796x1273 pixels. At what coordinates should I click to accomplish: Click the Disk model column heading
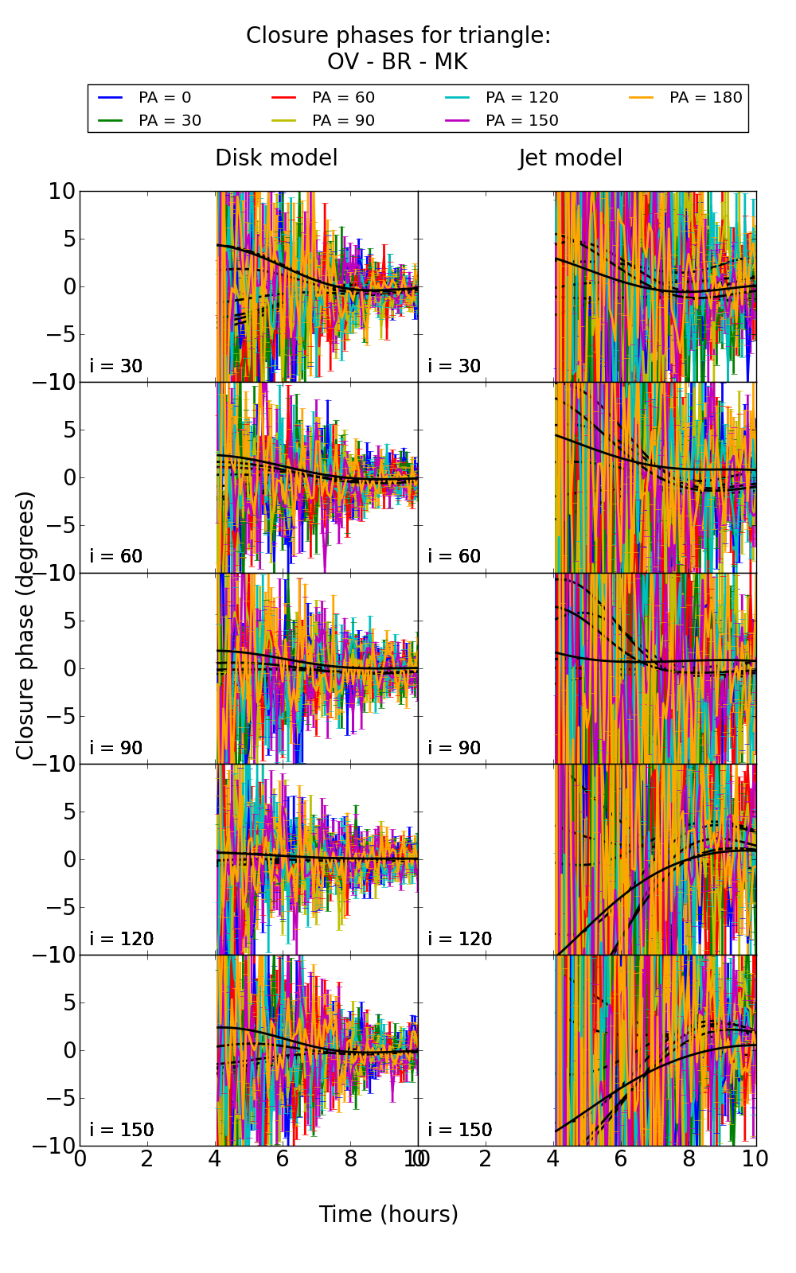tap(276, 158)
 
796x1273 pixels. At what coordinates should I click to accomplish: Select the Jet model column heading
tap(570, 158)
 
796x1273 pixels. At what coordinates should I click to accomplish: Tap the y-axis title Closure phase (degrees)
tap(25, 625)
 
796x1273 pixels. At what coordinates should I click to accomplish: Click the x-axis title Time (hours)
tap(388, 1214)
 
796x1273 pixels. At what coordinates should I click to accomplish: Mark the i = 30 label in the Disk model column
tap(116, 366)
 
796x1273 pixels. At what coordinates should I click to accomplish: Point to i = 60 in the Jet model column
tap(455, 556)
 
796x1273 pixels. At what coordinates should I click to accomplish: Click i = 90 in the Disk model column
tap(116, 748)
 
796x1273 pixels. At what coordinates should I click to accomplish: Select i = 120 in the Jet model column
tap(460, 939)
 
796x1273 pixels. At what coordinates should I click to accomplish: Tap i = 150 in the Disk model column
tap(122, 1130)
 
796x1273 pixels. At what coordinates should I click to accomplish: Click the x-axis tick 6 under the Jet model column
tap(621, 1158)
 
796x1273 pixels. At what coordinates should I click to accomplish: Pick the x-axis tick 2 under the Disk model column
tap(147, 1158)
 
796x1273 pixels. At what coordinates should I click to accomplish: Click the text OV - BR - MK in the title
tap(397, 61)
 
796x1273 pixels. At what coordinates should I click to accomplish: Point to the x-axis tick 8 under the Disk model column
tap(350, 1158)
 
